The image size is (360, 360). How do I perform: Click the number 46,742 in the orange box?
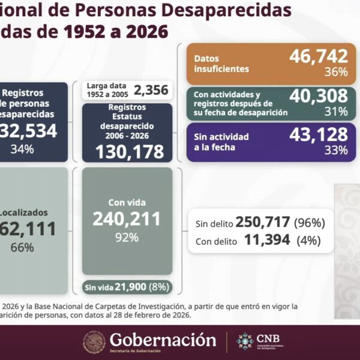point(318,56)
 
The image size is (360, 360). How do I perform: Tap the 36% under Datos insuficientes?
point(335,73)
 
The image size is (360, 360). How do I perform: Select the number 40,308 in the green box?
point(318,96)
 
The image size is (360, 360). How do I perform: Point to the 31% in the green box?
point(335,112)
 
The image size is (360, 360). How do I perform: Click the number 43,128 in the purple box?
point(318,135)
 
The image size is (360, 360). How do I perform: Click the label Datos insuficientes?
point(222,64)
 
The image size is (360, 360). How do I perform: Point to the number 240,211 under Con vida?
point(127,219)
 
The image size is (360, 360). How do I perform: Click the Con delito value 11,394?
point(268,241)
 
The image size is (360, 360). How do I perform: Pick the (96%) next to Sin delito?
point(309,223)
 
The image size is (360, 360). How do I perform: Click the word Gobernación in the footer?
point(163,340)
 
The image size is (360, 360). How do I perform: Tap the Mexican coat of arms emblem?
point(94,342)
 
